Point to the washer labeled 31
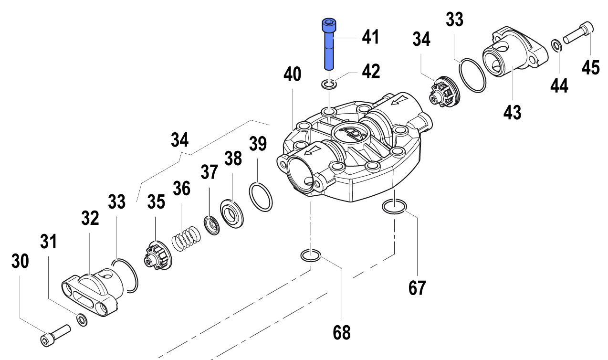pyautogui.click(x=82, y=319)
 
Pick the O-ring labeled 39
pyautogui.click(x=261, y=196)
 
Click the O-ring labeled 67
pyautogui.click(x=394, y=207)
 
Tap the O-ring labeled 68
pyautogui.click(x=311, y=256)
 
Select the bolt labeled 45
pyautogui.click(x=578, y=32)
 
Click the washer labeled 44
pyautogui.click(x=556, y=45)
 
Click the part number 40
pyautogui.click(x=293, y=74)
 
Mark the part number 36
pyautogui.click(x=181, y=189)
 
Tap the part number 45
pyautogui.click(x=590, y=67)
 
